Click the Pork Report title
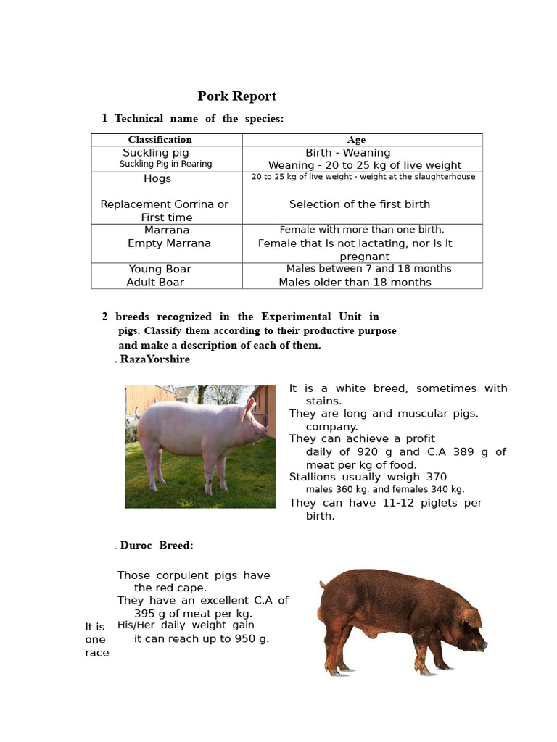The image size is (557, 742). (237, 96)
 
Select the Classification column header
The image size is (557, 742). (160, 140)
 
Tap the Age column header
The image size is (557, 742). (356, 140)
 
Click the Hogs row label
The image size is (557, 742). (157, 178)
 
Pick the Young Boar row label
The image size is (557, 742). (160, 269)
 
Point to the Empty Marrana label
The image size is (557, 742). (169, 243)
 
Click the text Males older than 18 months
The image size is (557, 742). (355, 283)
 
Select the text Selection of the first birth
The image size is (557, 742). (359, 204)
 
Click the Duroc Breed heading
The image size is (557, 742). (157, 546)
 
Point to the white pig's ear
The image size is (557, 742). (249, 408)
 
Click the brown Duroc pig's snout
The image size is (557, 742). (482, 644)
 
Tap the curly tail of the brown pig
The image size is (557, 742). (323, 583)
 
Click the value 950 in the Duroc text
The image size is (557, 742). (235, 639)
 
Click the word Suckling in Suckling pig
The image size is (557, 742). (144, 153)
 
